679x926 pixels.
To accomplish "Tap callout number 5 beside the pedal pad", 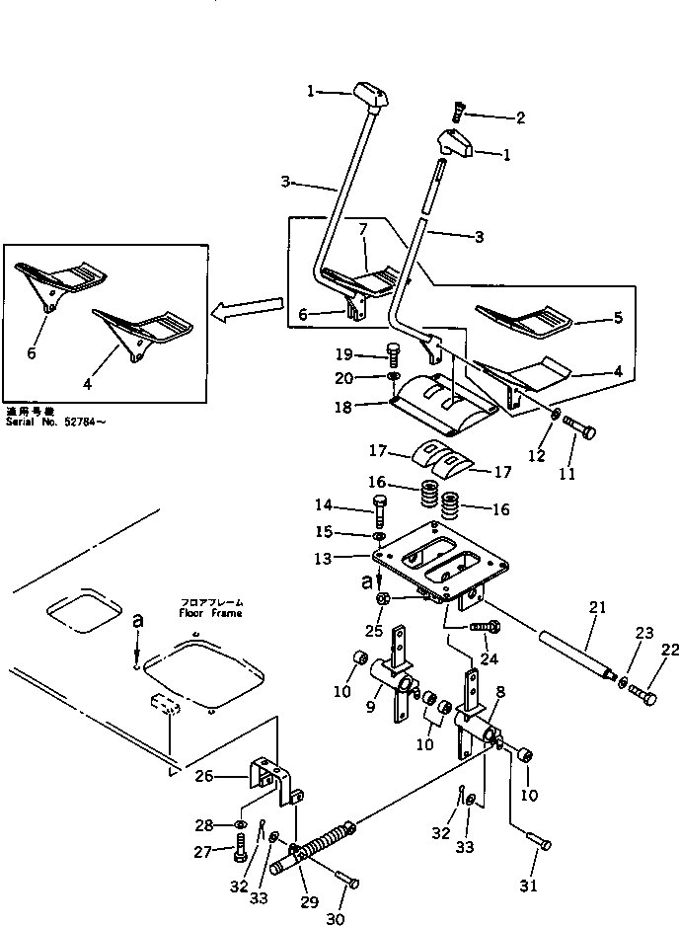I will [x=619, y=318].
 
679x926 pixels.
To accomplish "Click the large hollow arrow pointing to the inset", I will [x=244, y=314].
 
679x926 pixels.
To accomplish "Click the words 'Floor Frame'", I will [x=210, y=612].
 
